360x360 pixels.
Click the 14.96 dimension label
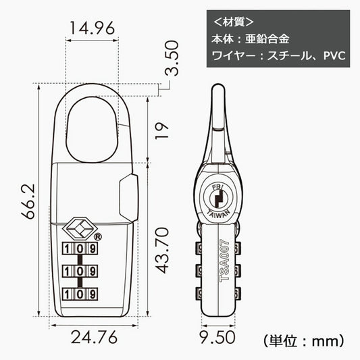91,28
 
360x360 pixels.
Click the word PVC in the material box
334,55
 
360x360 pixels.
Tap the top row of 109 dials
79,249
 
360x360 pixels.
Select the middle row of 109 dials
79,272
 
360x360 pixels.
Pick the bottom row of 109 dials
79,294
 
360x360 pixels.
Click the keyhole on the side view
217,197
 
